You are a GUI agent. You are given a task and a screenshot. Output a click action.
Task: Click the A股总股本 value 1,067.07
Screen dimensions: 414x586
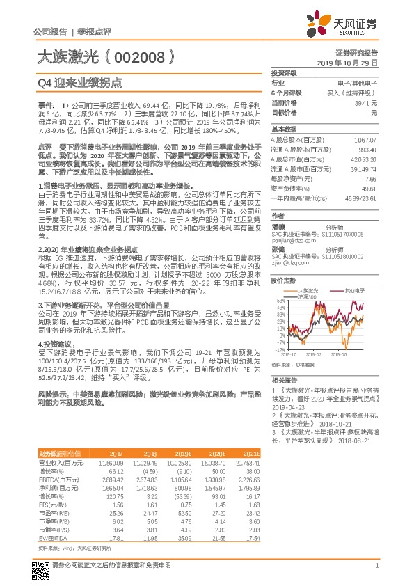pyautogui.click(x=365, y=140)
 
